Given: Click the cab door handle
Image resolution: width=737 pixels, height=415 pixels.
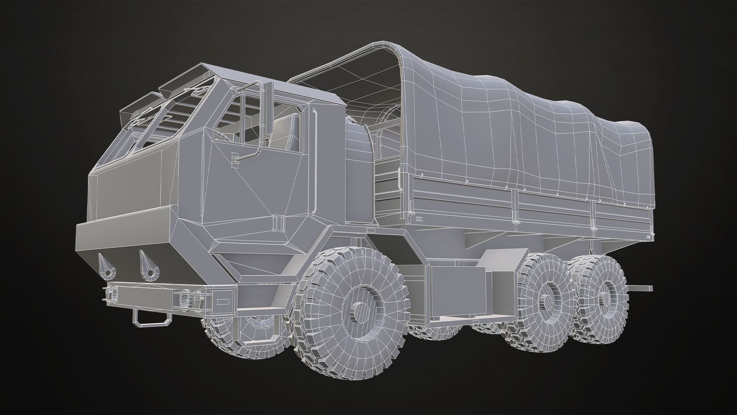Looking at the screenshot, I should pyautogui.click(x=235, y=157).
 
